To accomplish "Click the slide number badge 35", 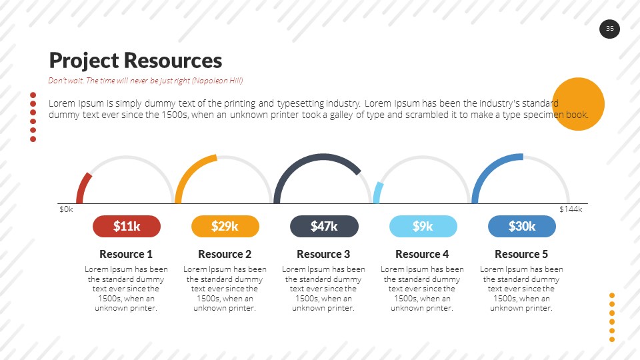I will [x=609, y=29].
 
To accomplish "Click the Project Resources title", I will [x=135, y=61].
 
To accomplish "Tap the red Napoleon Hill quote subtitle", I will [x=145, y=81].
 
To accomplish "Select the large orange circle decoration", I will [x=579, y=103].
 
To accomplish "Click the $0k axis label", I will [x=66, y=209].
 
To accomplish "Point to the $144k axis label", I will [x=571, y=209].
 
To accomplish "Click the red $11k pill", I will [x=127, y=226].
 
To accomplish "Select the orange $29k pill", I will [x=225, y=226].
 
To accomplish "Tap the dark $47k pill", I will [x=324, y=226].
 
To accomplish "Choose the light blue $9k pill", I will [x=423, y=226].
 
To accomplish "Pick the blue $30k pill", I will [x=522, y=226].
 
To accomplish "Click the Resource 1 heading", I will [x=126, y=254].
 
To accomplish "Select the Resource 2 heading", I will [x=225, y=254].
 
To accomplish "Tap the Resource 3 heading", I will [x=323, y=254].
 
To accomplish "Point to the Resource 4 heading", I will [x=422, y=254].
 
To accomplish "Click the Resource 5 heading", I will [x=521, y=254].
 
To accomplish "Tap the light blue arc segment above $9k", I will [x=377, y=191].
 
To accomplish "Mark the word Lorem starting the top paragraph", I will [x=62, y=103].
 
